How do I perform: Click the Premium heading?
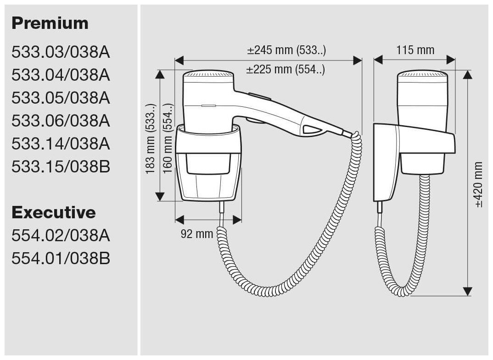coord(50,23)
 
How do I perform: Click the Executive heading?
coord(54,212)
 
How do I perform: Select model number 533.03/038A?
coord(61,52)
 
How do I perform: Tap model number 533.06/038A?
coord(61,121)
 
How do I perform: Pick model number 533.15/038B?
coord(61,167)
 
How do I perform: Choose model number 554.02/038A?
coord(61,236)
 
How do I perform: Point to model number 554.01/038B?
coord(61,259)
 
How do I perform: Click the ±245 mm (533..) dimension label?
coord(286,50)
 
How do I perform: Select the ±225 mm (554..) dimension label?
coord(286,70)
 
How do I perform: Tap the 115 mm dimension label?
coord(415,50)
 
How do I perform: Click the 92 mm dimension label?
coord(196,234)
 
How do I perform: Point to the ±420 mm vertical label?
coord(479,184)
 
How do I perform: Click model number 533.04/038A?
coord(61,75)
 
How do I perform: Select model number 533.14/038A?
coord(61,144)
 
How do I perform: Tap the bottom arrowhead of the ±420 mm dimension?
coord(467,291)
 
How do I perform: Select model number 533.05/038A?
coord(61,98)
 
